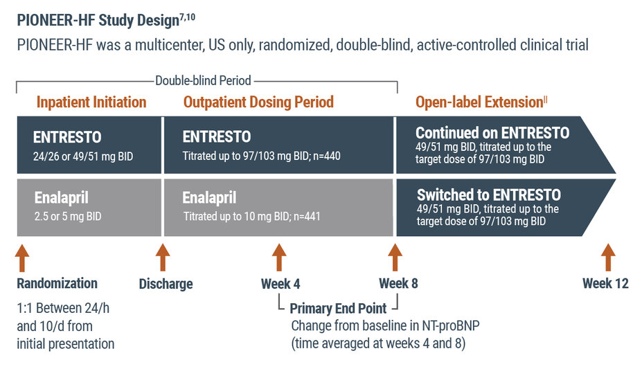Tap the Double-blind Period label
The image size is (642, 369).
[x=203, y=81]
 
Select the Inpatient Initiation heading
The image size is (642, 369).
[x=91, y=102]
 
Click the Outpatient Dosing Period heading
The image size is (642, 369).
[x=258, y=102]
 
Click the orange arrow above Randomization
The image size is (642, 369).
[x=23, y=258]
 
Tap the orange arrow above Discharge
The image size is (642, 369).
[x=163, y=258]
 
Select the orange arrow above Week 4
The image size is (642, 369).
[x=279, y=258]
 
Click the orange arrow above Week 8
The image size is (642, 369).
[x=395, y=258]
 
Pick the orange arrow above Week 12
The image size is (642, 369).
[x=608, y=258]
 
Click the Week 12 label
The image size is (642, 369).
[x=605, y=283]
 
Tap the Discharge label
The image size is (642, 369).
[x=166, y=284]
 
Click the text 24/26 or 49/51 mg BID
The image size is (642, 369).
[x=84, y=156]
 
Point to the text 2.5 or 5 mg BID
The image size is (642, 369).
[x=68, y=216]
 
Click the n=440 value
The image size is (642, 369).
[x=324, y=156]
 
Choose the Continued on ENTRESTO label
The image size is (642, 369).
[x=492, y=133]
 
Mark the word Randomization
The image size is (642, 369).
[x=57, y=283]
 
